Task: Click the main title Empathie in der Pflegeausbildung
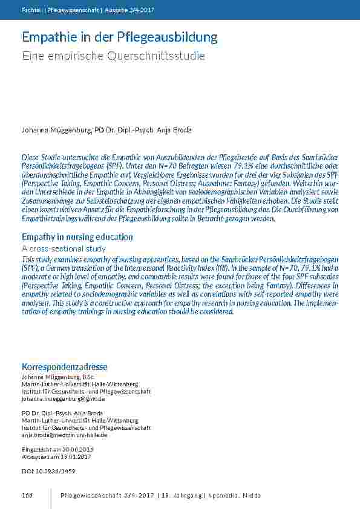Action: click(x=119, y=37)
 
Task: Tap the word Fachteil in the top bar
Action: click(x=31, y=10)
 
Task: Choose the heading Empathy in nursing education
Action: click(x=77, y=237)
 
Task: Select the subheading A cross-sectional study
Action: click(x=64, y=248)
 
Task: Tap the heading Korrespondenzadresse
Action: click(x=65, y=367)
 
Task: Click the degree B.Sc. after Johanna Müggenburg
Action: click(x=82, y=377)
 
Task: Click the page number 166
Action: click(x=27, y=496)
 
